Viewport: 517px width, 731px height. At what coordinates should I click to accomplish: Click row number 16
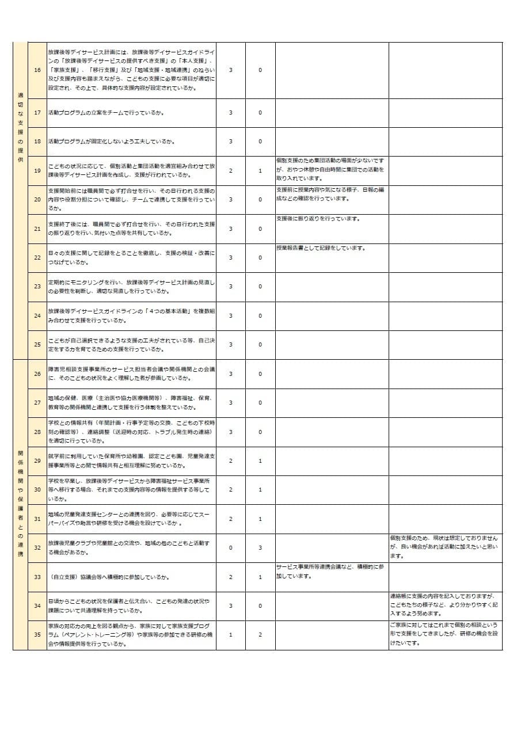(37, 70)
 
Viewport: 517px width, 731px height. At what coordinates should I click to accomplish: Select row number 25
(37, 344)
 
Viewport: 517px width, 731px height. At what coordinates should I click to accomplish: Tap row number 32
(37, 547)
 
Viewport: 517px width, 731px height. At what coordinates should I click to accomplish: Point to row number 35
(37, 634)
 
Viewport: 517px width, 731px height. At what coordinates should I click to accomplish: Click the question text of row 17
(106, 113)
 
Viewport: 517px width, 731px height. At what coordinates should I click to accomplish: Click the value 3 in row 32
(260, 547)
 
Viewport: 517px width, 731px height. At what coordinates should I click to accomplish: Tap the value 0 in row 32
(230, 547)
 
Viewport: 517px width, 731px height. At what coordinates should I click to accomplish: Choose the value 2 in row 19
(230, 170)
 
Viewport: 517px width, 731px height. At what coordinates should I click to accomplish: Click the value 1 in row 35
(230, 634)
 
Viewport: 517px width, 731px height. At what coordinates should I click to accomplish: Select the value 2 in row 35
(260, 634)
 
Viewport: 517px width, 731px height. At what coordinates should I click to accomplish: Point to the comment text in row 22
(321, 248)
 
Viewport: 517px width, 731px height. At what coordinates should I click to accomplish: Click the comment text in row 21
(318, 219)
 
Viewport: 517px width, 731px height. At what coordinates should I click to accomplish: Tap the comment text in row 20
(330, 194)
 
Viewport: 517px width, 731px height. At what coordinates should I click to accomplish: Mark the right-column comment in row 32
(444, 547)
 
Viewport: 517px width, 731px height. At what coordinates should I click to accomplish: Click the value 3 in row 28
(230, 432)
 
